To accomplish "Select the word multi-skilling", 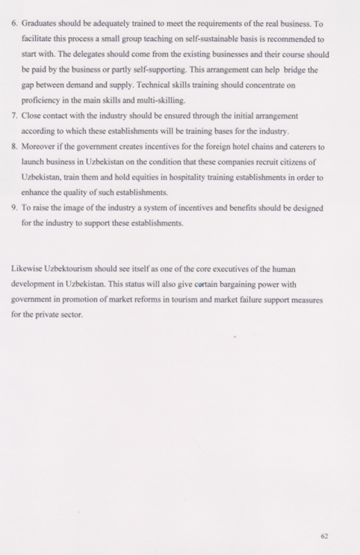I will (161, 101).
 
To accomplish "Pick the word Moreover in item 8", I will (39, 146).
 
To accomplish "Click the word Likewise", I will (26, 269).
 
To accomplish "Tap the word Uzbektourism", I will (68, 269).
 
